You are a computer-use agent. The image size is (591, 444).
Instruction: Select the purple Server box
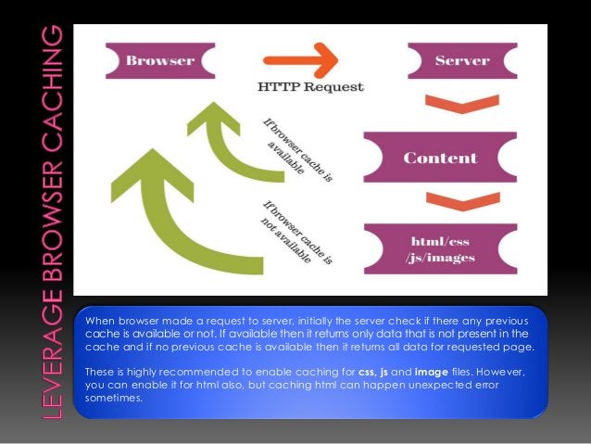tap(461, 62)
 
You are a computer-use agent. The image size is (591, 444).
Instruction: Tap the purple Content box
tap(439, 157)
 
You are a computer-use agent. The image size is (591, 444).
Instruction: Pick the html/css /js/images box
tap(438, 248)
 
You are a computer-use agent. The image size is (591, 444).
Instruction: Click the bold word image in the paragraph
tap(432, 372)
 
